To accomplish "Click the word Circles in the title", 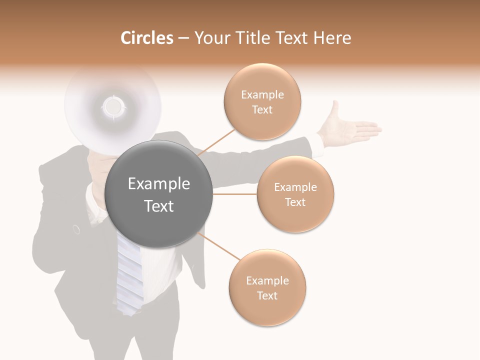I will tap(146, 38).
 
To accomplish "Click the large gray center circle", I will tap(159, 194).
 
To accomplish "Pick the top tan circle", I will tap(262, 102).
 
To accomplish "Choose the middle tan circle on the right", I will tap(295, 194).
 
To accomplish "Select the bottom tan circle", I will tap(267, 288).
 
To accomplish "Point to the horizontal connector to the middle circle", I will tap(234, 194).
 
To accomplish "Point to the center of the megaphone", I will tap(112, 105).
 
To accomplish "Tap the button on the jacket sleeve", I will tap(76, 229).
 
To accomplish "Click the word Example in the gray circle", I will tap(159, 184).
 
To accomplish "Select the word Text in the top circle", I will tap(262, 110).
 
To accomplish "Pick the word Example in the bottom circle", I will tap(267, 280).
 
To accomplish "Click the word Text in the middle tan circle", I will tap(295, 202).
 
